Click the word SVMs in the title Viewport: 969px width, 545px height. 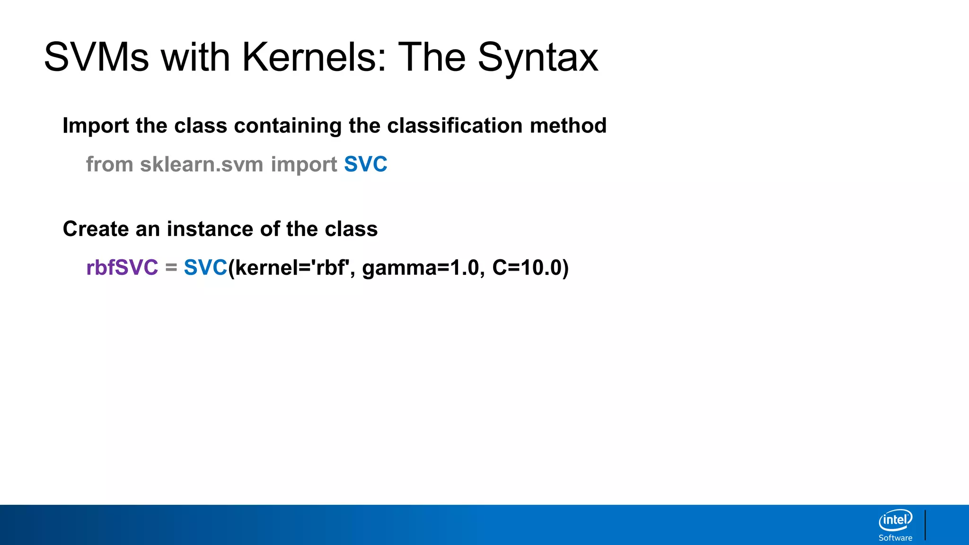(96, 57)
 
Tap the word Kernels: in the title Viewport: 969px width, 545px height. (314, 57)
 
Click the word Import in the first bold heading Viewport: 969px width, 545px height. (96, 126)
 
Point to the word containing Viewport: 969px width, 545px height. (288, 126)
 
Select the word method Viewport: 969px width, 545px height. (568, 126)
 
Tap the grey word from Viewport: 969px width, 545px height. (110, 165)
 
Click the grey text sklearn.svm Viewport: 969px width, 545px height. (202, 165)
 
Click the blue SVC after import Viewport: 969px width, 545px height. (365, 165)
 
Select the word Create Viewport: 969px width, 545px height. (96, 229)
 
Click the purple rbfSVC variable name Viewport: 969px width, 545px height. (122, 268)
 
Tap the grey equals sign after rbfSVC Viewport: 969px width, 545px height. (171, 268)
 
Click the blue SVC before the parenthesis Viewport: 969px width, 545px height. (205, 268)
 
